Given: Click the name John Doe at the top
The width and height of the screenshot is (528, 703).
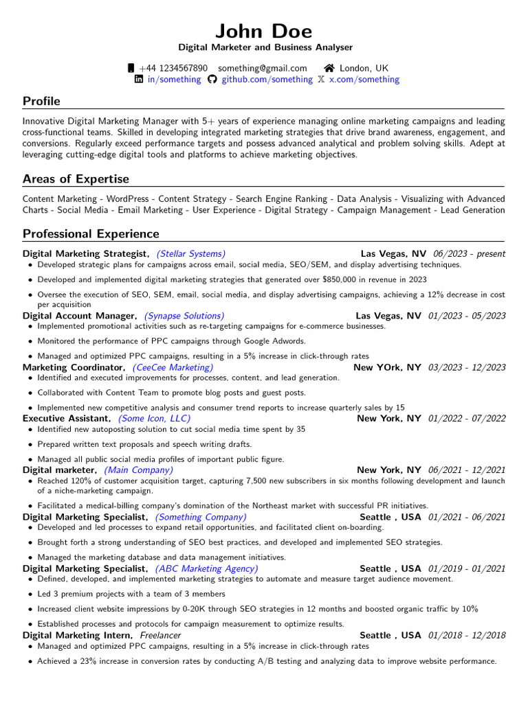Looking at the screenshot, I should tap(264, 31).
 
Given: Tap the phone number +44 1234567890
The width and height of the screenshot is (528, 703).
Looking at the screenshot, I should tap(173, 68).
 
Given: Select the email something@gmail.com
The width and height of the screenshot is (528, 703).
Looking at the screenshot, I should tap(263, 68).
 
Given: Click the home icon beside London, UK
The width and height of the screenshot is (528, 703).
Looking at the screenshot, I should tap(329, 68).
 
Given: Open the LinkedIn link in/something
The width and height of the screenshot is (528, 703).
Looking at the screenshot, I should tap(174, 80).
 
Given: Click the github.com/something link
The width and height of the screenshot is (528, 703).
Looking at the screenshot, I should tap(266, 80).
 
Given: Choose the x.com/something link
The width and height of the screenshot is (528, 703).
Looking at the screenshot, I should tap(364, 80).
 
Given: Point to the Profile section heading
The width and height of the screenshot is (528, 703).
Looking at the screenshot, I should tap(41, 101).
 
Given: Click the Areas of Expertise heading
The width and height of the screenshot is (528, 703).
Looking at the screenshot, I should tap(76, 179).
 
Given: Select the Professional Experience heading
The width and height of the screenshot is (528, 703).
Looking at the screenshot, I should tap(91, 233).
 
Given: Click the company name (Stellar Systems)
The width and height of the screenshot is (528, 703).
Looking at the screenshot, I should tap(190, 253).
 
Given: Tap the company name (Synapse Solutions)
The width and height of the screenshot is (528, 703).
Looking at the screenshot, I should tap(184, 316).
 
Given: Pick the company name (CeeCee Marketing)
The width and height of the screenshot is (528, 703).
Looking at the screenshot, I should tap(173, 367).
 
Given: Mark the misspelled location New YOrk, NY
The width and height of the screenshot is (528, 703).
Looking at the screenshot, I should tap(387, 367).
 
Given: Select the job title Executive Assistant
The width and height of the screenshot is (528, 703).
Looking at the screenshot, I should tap(66, 418).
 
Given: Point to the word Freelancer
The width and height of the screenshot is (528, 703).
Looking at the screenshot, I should tap(160, 636).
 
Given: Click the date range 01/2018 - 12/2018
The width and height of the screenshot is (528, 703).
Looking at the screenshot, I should tap(466, 636).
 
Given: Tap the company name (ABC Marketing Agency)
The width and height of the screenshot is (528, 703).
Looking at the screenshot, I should tap(207, 568).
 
